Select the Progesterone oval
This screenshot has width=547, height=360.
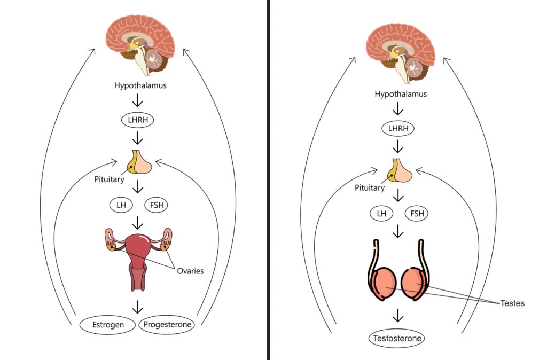166,324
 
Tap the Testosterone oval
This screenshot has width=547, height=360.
397,338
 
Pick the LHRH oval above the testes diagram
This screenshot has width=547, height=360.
397,129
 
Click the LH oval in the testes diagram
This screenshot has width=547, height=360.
381,214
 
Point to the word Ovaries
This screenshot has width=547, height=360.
190,271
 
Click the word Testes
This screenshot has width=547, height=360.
513,303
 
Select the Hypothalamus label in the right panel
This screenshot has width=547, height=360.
397,93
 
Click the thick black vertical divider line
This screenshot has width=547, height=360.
268,180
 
